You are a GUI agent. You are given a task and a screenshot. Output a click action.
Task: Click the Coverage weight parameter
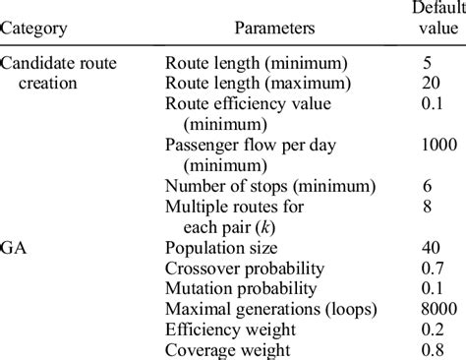(228, 349)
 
